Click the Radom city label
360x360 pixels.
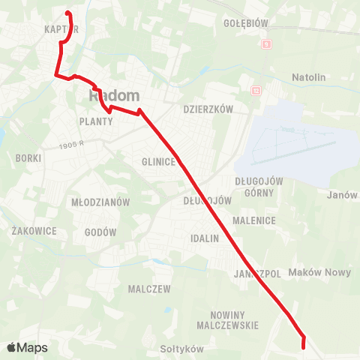coord(115,96)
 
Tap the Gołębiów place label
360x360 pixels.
coord(245,23)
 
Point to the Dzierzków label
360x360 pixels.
coord(208,109)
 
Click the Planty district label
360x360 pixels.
coord(94,121)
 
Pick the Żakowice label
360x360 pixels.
coord(34,231)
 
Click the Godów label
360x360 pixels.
coord(101,232)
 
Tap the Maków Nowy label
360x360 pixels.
coord(319,272)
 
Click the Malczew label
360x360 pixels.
coord(149,289)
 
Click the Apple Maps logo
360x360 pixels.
coord(27,347)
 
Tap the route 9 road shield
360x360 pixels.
coord(265,44)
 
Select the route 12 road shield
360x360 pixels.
coord(256,91)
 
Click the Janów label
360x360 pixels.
coord(342,195)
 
